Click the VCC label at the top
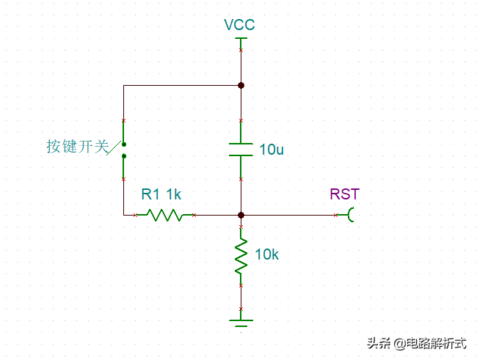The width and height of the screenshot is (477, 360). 240,25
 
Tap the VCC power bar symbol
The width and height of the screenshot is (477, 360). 241,39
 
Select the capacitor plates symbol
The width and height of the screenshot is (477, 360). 241,149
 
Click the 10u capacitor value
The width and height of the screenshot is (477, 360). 272,150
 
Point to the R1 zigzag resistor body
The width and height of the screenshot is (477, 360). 164,215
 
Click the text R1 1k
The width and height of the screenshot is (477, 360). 161,194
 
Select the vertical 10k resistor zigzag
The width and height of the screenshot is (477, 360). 241,256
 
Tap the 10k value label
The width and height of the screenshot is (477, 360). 266,255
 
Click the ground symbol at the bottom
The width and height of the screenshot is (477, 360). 241,322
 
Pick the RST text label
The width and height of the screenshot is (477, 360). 345,194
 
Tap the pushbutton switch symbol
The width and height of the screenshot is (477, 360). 123,150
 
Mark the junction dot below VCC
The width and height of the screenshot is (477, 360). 241,85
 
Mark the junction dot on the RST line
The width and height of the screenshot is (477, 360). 241,215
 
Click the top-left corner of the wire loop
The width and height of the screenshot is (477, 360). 123,85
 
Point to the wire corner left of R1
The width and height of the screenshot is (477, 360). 123,215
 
